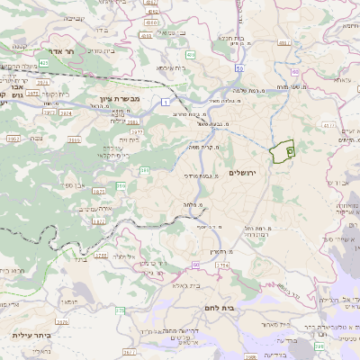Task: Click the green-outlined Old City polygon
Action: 283,150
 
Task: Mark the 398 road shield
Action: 320,346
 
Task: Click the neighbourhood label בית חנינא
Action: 232,40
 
